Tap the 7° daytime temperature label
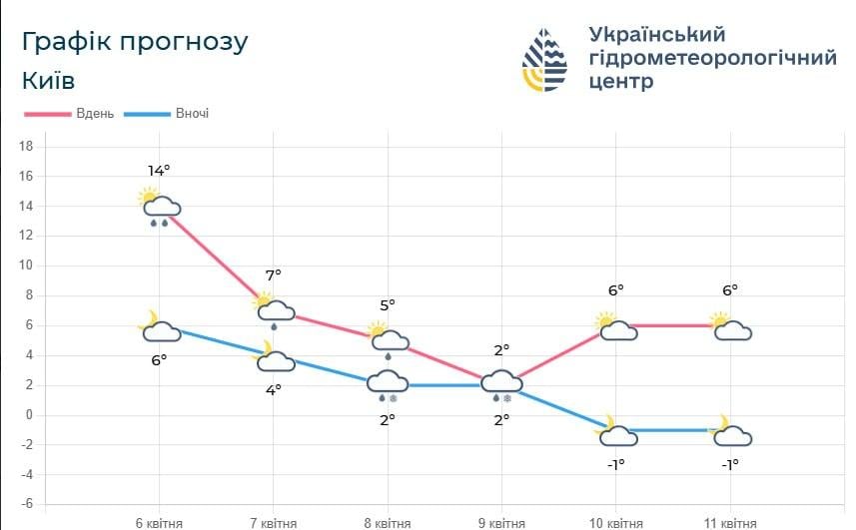273,274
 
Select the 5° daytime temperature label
387,304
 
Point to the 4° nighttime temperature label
273,390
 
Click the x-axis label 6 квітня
159,522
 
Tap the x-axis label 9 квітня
500,522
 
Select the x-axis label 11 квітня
730,522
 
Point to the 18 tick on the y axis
27,147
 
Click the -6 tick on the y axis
27,505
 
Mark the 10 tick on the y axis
27,265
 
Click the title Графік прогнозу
134,43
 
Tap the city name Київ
48,80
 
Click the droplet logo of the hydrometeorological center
544,60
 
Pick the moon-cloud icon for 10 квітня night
616,432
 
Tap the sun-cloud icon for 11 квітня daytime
730,327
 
